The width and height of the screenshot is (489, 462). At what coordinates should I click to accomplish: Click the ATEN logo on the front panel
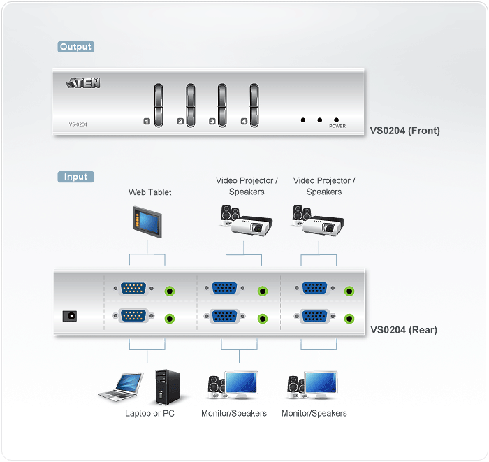coord(84,83)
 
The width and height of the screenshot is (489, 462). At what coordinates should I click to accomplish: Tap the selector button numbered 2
coord(190,106)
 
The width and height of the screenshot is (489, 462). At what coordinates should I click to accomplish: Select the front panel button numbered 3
coord(222,106)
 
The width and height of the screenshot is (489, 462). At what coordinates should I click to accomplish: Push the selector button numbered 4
coord(254,106)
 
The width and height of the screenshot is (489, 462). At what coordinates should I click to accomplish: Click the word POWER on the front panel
coord(337,127)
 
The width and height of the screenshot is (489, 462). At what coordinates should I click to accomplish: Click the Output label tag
coord(75,47)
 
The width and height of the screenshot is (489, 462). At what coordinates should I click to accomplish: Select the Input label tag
coord(75,177)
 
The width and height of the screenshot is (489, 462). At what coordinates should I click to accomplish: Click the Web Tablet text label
coord(149,192)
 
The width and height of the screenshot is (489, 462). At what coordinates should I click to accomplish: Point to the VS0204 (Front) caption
coord(405,130)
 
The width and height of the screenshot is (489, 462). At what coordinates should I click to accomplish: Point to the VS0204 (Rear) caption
coord(404,330)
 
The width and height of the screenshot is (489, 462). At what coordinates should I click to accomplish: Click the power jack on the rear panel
coord(69,316)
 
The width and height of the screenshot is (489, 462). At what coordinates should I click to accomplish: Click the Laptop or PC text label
coord(149,414)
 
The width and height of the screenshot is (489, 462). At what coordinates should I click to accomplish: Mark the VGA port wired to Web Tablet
coord(133,288)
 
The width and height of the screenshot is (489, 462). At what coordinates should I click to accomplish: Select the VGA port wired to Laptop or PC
coord(133,316)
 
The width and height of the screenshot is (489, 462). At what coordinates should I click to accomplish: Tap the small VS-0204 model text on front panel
coord(78,125)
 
